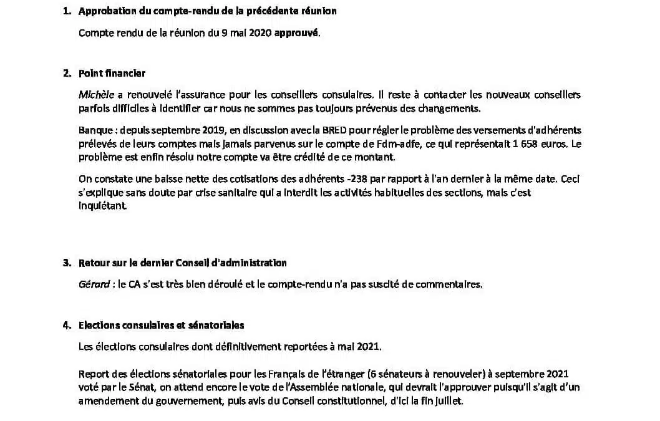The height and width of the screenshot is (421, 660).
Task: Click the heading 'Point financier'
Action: coord(112,74)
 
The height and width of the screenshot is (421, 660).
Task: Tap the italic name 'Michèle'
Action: coord(93,95)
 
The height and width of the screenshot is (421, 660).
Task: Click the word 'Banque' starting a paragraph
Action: coord(92,130)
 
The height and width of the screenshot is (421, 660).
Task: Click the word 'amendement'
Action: coord(105,401)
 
